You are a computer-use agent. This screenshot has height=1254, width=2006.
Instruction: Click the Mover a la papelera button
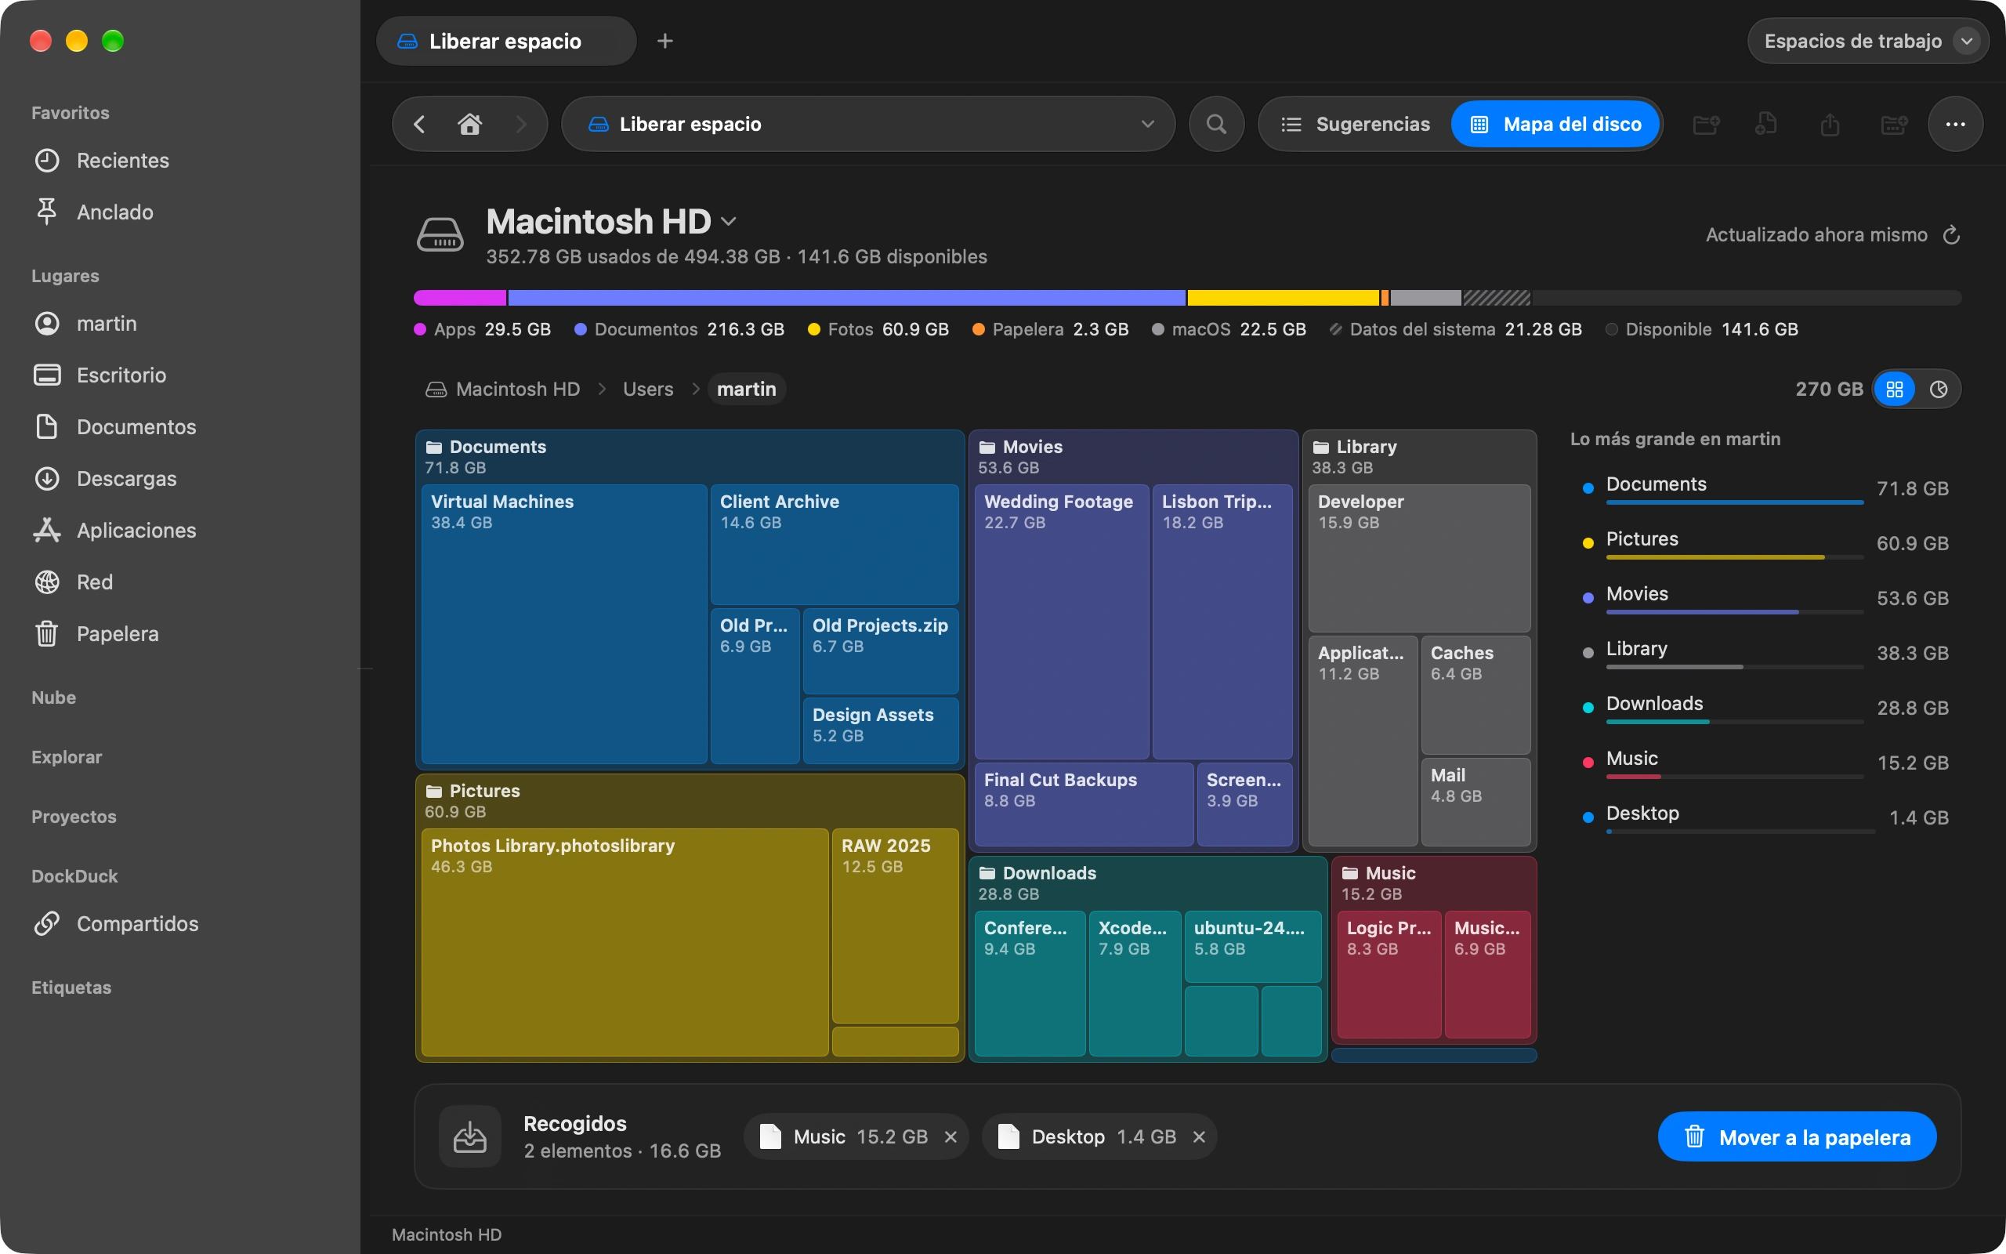(1796, 1136)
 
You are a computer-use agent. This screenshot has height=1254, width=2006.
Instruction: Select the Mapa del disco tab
(1555, 125)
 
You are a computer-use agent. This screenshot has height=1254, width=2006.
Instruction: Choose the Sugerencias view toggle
(1356, 125)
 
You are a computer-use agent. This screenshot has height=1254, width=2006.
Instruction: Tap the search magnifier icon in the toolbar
(1216, 125)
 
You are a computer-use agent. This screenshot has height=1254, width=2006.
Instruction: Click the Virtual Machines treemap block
(563, 624)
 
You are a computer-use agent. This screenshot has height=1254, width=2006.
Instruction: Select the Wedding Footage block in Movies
(1061, 622)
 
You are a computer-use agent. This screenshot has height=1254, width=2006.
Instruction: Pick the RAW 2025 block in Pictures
(895, 926)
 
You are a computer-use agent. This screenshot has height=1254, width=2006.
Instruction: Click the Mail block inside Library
(1476, 801)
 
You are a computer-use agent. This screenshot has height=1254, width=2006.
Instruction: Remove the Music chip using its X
(950, 1137)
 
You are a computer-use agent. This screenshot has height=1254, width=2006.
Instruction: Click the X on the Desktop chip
(1199, 1137)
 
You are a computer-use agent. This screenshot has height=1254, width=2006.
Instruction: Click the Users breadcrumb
(648, 389)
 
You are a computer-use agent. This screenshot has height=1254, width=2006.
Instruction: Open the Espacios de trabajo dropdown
(1867, 41)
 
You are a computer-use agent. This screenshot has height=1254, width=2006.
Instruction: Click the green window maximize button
(113, 41)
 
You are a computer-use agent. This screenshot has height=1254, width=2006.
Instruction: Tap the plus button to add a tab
(664, 41)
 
